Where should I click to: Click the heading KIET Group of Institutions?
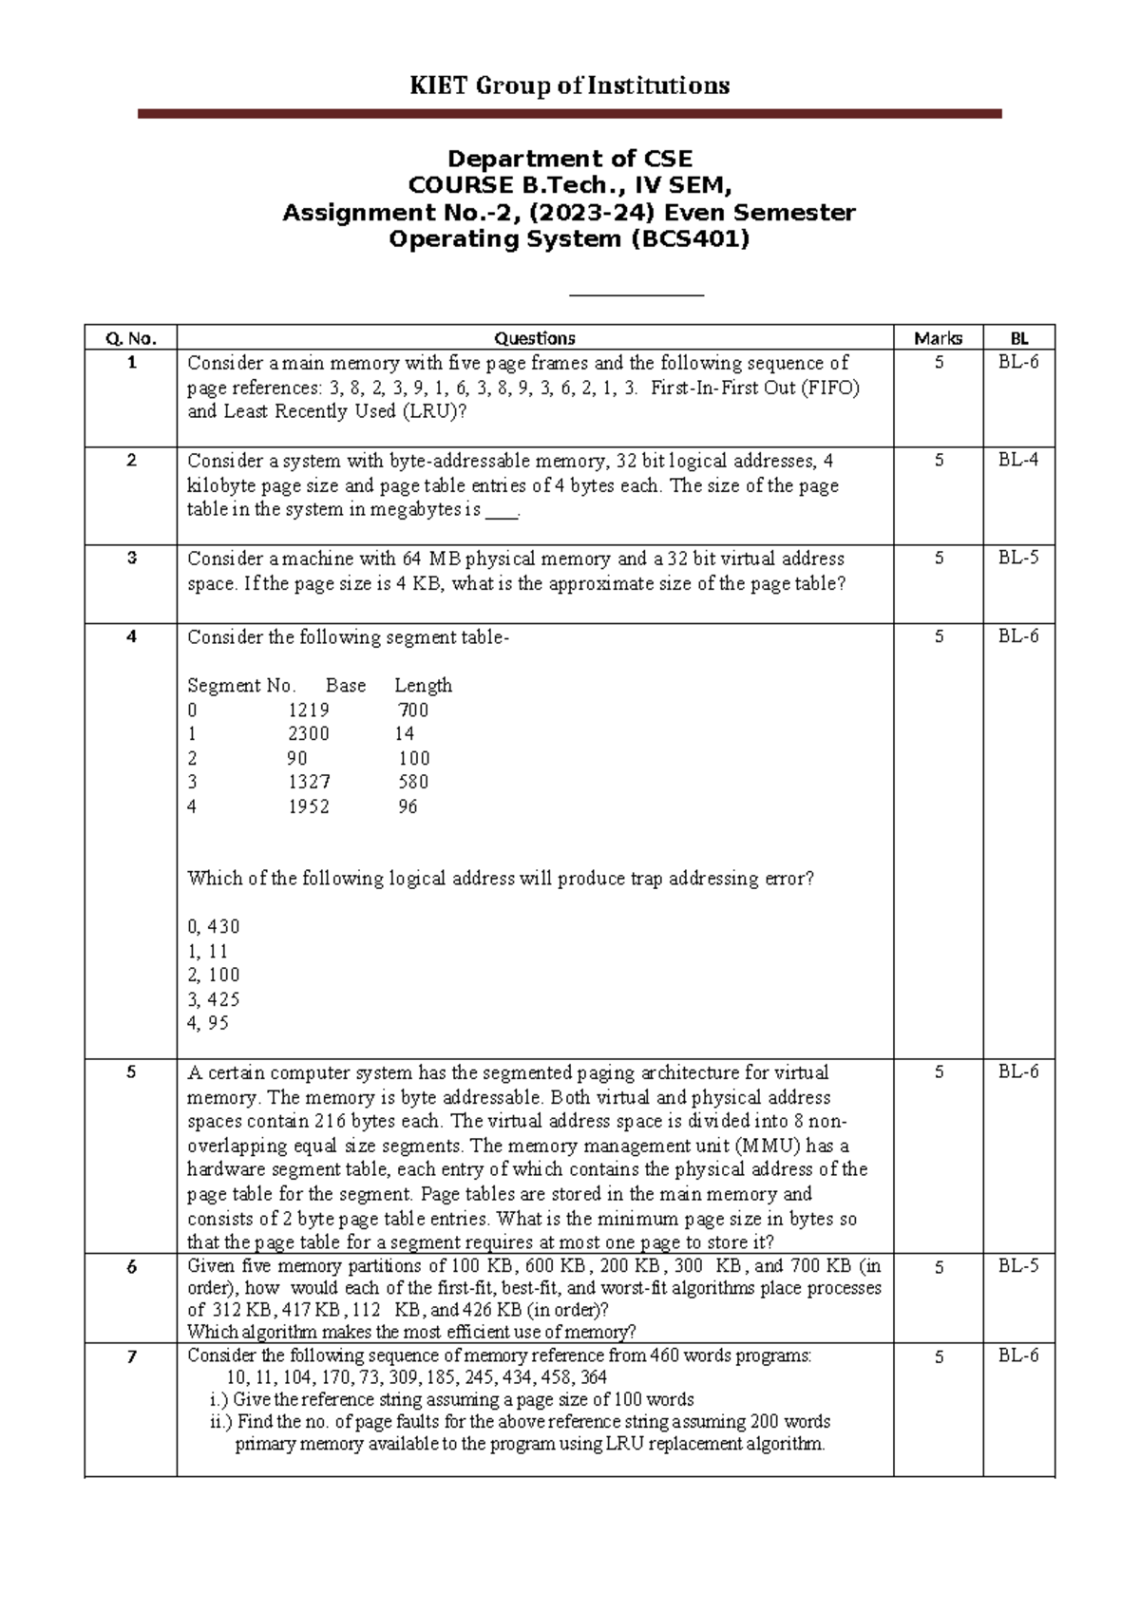pyautogui.click(x=569, y=85)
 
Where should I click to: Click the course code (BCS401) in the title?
pyautogui.click(x=690, y=238)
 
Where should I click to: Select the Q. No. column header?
pyautogui.click(x=130, y=338)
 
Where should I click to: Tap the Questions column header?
pyautogui.click(x=534, y=338)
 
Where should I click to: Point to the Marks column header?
pyautogui.click(x=938, y=338)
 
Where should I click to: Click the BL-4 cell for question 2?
pyautogui.click(x=1017, y=461)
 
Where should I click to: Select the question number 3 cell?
pyautogui.click(x=131, y=559)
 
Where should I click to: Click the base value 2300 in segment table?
pyautogui.click(x=309, y=733)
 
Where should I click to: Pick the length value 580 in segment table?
pyautogui.click(x=413, y=782)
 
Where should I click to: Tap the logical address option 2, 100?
pyautogui.click(x=214, y=975)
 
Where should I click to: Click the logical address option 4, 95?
pyautogui.click(x=208, y=1023)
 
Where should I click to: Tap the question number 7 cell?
pyautogui.click(x=131, y=1356)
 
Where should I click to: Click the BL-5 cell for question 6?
pyautogui.click(x=1017, y=1266)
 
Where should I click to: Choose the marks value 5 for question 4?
pyautogui.click(x=939, y=636)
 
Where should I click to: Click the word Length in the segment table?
pyautogui.click(x=423, y=685)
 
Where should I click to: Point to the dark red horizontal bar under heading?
pyautogui.click(x=569, y=113)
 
